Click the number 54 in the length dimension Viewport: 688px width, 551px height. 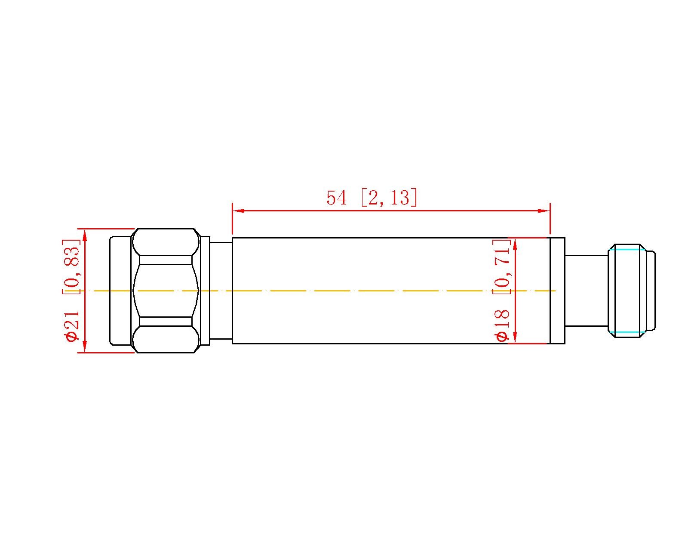click(x=336, y=198)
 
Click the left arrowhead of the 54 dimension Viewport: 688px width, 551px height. click(x=239, y=210)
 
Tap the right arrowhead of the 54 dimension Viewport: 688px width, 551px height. click(x=544, y=210)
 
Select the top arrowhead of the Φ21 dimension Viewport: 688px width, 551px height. click(x=85, y=235)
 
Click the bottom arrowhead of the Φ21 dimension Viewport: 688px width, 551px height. click(x=85, y=346)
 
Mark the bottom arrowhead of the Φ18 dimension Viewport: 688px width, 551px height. click(x=515, y=337)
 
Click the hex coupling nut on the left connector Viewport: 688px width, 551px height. click(x=166, y=291)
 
